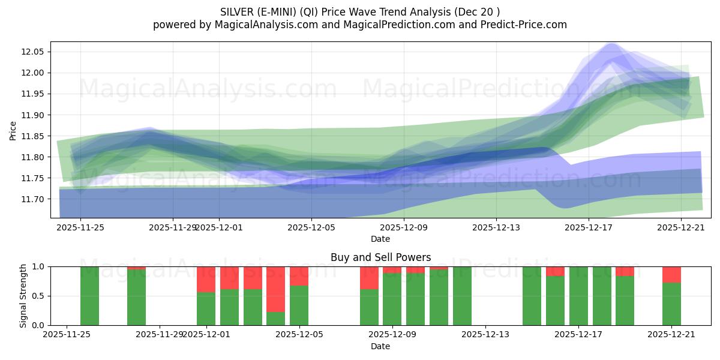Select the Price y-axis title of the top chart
13,130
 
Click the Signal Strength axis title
23,296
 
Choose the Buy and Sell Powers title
380,257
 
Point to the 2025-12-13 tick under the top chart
496,228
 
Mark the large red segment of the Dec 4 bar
275,289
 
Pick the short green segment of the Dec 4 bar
275,319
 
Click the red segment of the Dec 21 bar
671,275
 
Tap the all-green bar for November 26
89,296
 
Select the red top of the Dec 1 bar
206,279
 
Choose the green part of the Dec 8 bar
369,307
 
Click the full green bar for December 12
462,296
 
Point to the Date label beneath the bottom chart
380,346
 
